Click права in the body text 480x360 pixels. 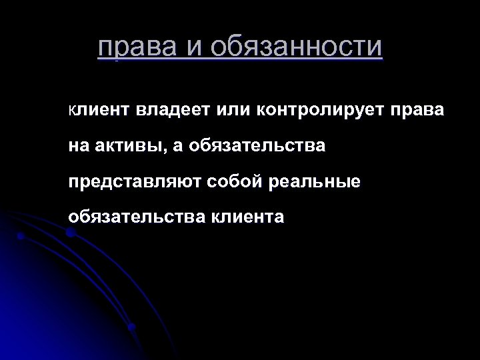(418, 109)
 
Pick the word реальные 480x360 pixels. (315, 181)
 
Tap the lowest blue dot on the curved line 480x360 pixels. (131, 327)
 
